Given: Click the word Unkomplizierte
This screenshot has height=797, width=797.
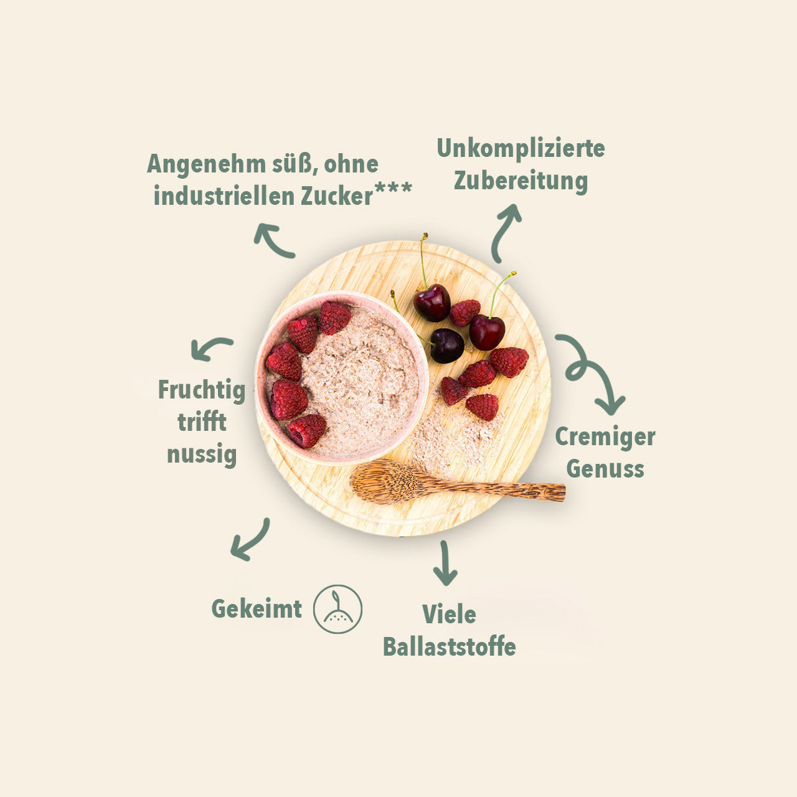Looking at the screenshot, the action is point(521,149).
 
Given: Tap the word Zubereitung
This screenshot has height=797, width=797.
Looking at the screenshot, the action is point(521,181).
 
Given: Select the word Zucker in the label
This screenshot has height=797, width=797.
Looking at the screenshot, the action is point(337,196).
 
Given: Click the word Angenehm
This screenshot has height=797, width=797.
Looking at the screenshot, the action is point(206,165).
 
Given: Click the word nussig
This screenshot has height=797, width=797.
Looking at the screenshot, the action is point(202,455).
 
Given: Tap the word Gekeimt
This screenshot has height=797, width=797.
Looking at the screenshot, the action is point(257,609).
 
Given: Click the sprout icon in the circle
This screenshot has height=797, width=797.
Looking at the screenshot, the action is point(337,609).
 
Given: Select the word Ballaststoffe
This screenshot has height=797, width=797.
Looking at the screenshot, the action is point(450,648).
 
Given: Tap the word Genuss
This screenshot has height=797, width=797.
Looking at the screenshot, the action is point(605,469).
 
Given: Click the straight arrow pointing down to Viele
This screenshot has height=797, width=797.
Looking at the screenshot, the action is point(445,562).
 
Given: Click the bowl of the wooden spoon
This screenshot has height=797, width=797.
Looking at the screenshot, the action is point(382,481).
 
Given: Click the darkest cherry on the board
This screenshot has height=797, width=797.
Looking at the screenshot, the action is point(446,346).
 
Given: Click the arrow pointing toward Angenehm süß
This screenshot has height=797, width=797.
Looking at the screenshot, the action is point(273,240).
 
